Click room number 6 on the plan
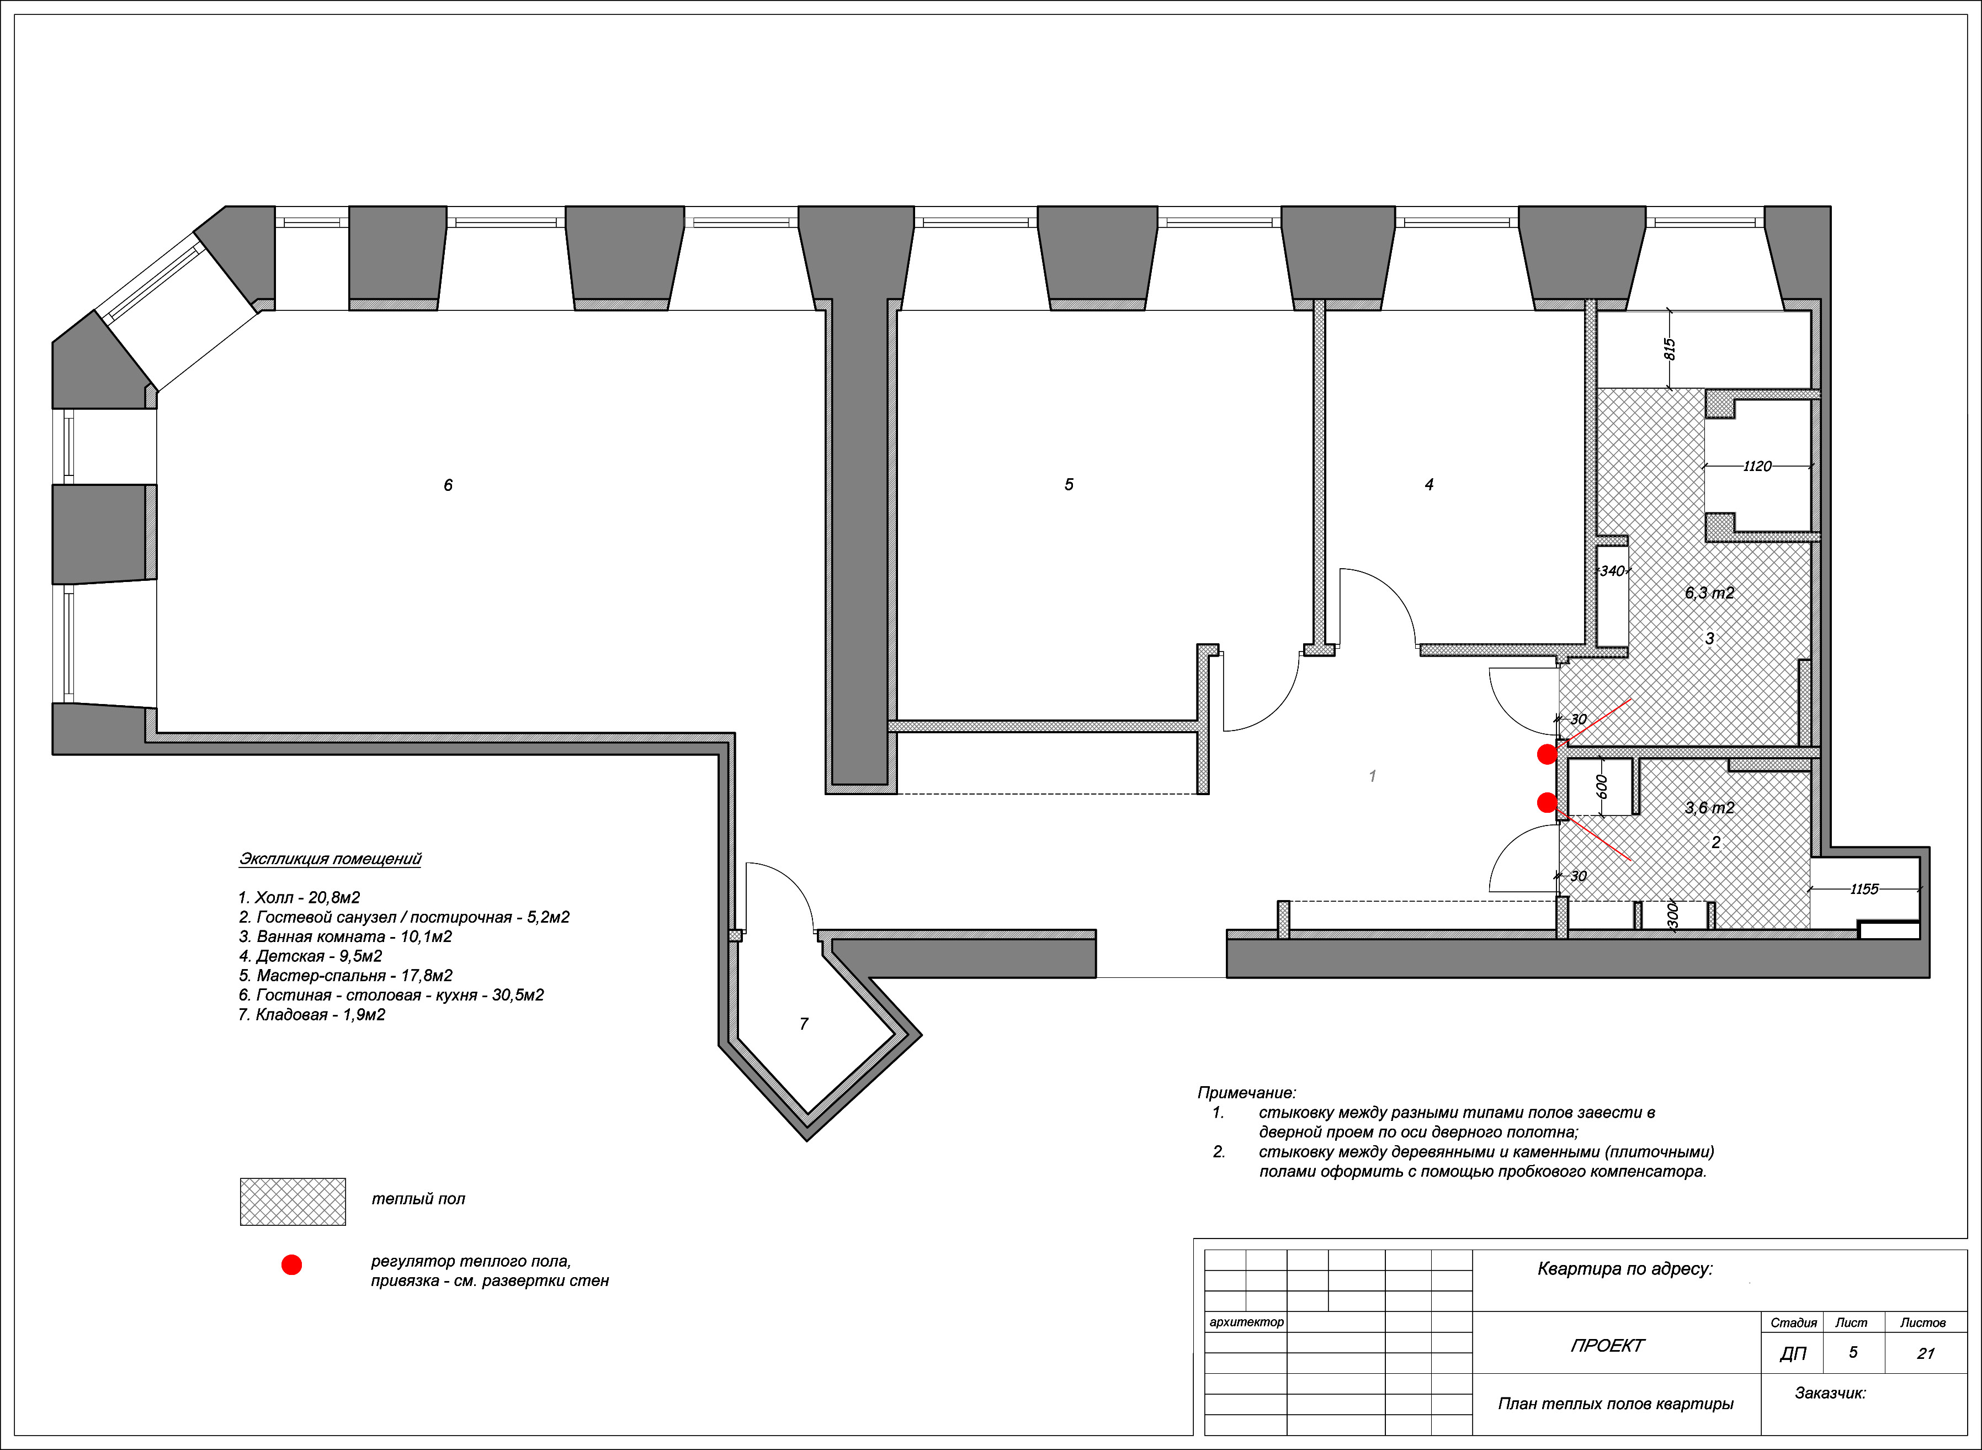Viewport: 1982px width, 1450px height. coord(448,485)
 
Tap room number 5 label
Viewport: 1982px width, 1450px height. coord(1069,484)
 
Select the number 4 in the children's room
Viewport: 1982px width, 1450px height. coord(1430,484)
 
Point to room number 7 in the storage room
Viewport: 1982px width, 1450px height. coord(804,1023)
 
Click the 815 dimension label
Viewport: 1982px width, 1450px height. coord(1671,350)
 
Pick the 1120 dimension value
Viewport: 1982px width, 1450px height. coord(1757,466)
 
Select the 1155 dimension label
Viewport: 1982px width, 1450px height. coord(1864,889)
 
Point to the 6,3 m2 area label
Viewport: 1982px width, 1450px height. coord(1709,594)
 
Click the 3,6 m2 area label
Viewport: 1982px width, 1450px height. coord(1709,807)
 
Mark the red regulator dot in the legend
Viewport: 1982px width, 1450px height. coord(291,1265)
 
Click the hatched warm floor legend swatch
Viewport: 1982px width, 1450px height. coord(293,1202)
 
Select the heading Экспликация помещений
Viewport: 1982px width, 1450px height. coord(330,859)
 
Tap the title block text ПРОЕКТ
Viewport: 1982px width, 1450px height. coord(1607,1346)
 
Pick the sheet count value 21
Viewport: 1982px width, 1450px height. coord(1926,1353)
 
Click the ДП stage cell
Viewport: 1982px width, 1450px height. coord(1793,1353)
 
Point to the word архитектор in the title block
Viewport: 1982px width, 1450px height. coord(1246,1322)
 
